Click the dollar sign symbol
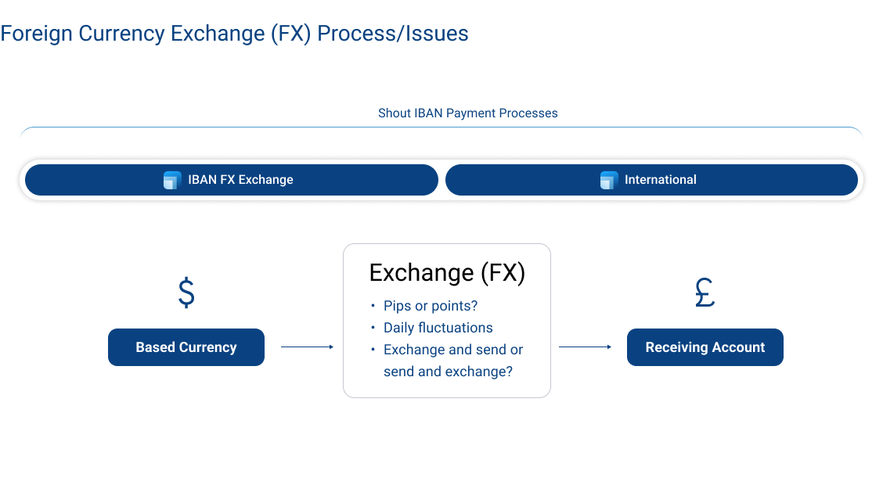tap(186, 293)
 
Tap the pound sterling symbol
tap(705, 293)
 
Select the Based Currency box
tap(186, 347)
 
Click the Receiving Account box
tap(705, 347)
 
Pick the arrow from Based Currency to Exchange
tap(307, 347)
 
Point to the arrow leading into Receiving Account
tap(586, 347)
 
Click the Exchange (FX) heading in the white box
tap(447, 273)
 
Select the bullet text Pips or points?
tap(430, 306)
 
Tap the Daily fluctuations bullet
tap(438, 328)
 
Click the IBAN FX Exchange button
tap(231, 180)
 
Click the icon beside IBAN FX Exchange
tap(172, 180)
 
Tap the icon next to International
tap(609, 180)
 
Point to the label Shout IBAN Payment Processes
tap(467, 113)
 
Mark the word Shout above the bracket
tap(394, 113)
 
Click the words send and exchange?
tap(448, 372)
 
